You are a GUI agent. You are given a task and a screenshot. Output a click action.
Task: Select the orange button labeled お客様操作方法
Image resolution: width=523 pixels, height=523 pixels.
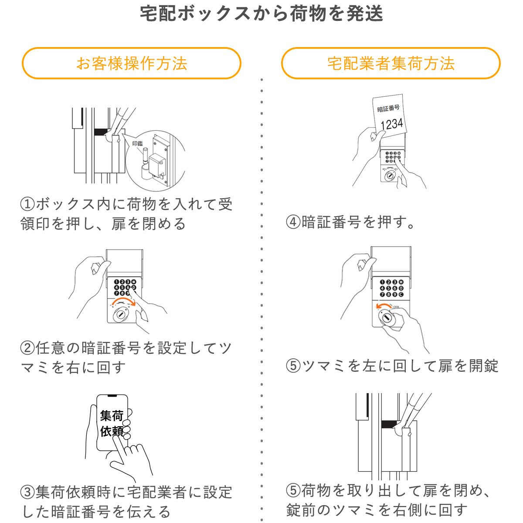(131, 64)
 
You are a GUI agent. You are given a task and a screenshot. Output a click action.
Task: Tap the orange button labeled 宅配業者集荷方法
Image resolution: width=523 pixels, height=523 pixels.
(391, 64)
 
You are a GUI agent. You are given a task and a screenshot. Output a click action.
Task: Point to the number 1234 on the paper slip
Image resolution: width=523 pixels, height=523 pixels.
(391, 124)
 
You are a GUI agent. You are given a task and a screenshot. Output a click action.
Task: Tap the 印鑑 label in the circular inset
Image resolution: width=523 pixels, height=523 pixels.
(137, 143)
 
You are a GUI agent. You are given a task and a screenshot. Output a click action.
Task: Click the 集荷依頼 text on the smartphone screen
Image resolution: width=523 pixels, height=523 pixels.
(112, 423)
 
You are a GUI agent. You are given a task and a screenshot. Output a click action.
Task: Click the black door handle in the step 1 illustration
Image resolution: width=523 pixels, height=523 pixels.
(102, 131)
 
